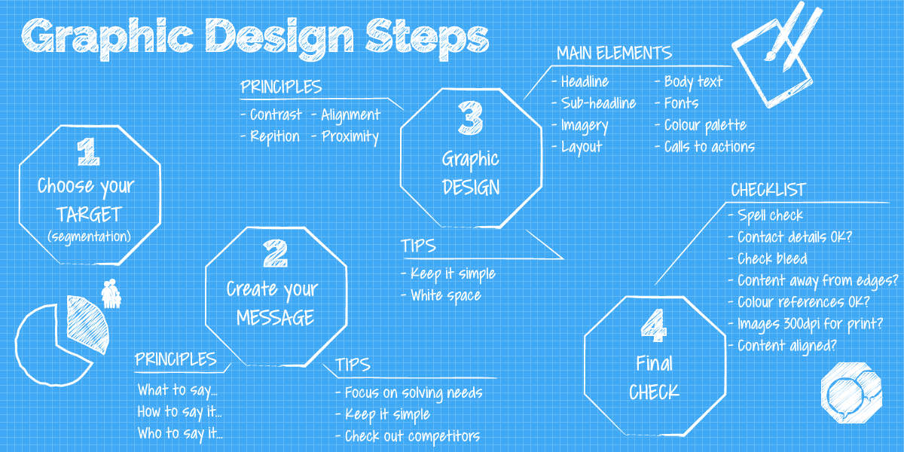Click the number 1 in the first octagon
(x=88, y=151)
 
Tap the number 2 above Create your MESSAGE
(x=275, y=253)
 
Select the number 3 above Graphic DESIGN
(x=471, y=118)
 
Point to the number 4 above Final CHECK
(x=654, y=325)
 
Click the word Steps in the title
(x=427, y=38)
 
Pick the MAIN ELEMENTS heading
(x=614, y=53)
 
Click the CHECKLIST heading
(x=768, y=190)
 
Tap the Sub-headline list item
(x=594, y=103)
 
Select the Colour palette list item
(x=701, y=126)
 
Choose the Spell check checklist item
(x=766, y=215)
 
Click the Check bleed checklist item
(x=768, y=258)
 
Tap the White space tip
(x=441, y=295)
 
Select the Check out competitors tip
(x=408, y=436)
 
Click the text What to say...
(x=178, y=390)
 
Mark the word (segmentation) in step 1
(x=89, y=237)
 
